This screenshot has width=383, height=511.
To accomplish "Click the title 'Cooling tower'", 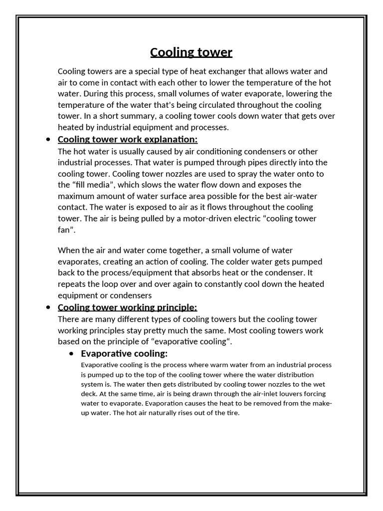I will click(191, 52).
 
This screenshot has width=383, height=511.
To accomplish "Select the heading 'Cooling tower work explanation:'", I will click(128, 139).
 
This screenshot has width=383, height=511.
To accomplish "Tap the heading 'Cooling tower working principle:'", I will click(128, 307).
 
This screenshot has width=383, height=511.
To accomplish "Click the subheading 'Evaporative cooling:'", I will click(124, 354).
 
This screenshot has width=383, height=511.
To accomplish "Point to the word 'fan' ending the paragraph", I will click(65, 230).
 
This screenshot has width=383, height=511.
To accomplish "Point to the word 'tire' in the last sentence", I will click(231, 413).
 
